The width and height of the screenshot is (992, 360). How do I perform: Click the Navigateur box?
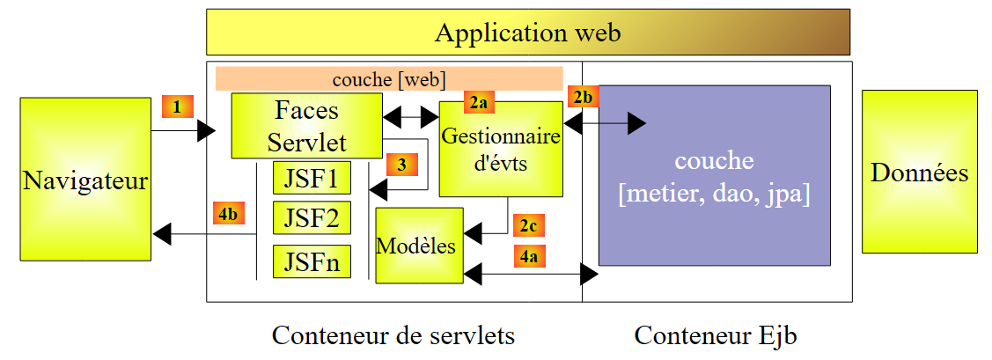pyautogui.click(x=85, y=179)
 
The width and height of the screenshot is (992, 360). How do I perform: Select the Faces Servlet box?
pyautogui.click(x=306, y=126)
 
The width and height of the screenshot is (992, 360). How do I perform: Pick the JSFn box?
pyautogui.click(x=312, y=261)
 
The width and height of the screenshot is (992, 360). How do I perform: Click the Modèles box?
pyautogui.click(x=419, y=246)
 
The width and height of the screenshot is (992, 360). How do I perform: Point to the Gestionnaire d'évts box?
pyautogui.click(x=500, y=149)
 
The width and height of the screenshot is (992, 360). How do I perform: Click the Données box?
pyautogui.click(x=920, y=173)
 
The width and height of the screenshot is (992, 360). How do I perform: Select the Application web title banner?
pyautogui.click(x=527, y=33)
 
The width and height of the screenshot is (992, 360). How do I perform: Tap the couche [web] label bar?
pyautogui.click(x=389, y=78)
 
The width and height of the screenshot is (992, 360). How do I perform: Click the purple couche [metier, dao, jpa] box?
pyautogui.click(x=714, y=175)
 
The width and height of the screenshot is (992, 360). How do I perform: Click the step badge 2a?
pyautogui.click(x=479, y=103)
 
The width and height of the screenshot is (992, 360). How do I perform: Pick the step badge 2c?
pyautogui.click(x=527, y=226)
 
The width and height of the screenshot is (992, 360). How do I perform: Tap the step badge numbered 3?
pyautogui.click(x=400, y=164)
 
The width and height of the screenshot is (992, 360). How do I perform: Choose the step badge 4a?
pyautogui.click(x=527, y=257)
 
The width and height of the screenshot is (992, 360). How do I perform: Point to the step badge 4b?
pyautogui.click(x=227, y=214)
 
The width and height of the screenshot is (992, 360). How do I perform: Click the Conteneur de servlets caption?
pyautogui.click(x=393, y=335)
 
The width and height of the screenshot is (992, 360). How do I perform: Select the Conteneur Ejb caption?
pyautogui.click(x=716, y=335)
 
